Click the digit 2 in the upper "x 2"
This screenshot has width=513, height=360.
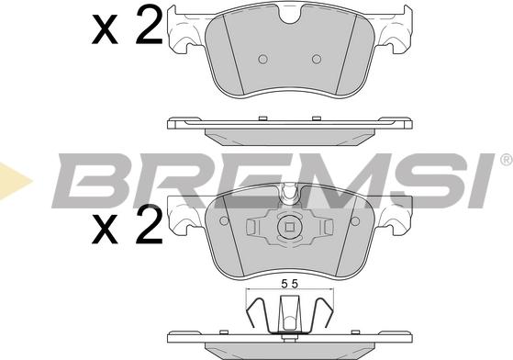click(x=147, y=28)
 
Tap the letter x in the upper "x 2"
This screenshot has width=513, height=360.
click(x=106, y=32)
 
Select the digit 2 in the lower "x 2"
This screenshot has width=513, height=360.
click(x=147, y=223)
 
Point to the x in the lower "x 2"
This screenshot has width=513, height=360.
click(x=106, y=228)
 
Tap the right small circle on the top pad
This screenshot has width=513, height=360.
click(x=316, y=59)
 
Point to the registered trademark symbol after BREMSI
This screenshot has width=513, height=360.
click(x=506, y=160)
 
